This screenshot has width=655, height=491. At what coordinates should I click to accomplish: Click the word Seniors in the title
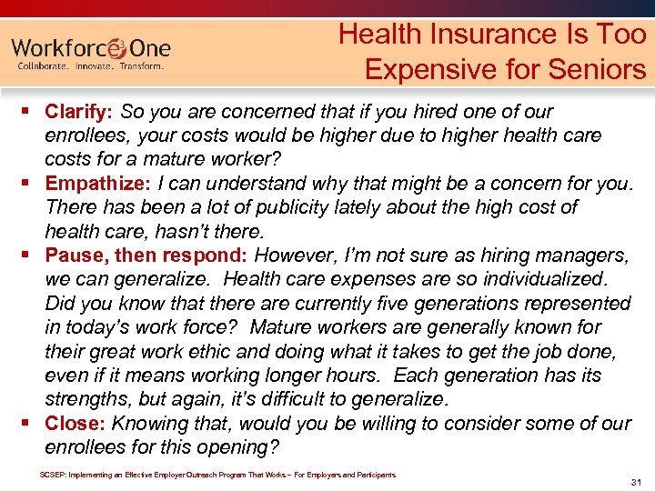(x=601, y=69)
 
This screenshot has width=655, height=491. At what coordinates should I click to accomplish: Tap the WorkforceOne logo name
(x=91, y=46)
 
